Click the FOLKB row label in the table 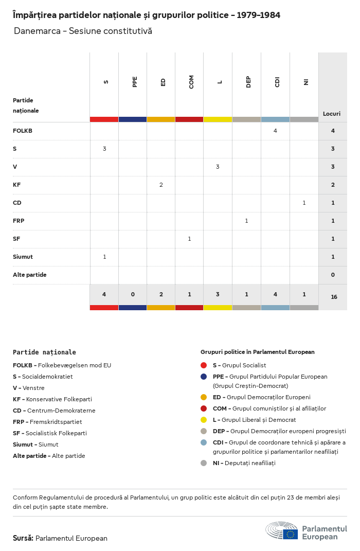23,131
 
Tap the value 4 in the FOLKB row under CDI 275,131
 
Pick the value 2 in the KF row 161,185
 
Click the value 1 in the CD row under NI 304,203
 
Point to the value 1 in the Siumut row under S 104,257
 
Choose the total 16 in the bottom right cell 334,297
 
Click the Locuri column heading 332,114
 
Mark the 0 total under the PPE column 133,294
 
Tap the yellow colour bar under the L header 218,119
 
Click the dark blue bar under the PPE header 133,119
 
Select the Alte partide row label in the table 30,275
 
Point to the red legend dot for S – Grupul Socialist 204,365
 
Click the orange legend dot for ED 204,397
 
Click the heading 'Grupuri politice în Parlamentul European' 257,352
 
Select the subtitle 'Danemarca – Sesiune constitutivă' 83,31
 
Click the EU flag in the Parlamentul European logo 290,534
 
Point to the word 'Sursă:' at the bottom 23,538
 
